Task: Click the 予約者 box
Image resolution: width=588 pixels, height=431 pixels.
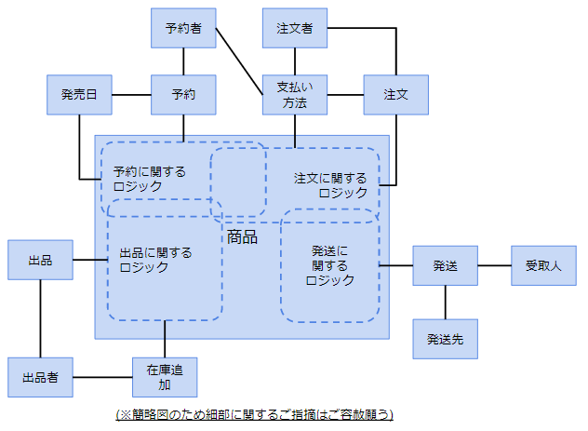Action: (x=183, y=28)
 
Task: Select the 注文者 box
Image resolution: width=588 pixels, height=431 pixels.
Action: (x=294, y=28)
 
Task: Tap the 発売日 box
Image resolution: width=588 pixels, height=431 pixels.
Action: (x=79, y=94)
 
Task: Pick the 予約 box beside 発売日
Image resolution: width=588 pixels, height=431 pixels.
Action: (x=183, y=94)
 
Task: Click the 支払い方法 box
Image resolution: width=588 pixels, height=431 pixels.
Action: (x=294, y=94)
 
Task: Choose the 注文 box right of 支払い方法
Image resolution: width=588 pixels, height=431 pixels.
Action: (x=395, y=94)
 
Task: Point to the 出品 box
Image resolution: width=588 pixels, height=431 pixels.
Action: (x=40, y=260)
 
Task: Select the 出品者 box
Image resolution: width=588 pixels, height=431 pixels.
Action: (x=40, y=377)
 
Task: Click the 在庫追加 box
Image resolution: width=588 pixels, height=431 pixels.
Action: (x=165, y=377)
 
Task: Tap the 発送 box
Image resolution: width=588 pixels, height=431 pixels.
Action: (x=445, y=265)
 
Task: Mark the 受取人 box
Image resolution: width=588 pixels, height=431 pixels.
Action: (x=542, y=265)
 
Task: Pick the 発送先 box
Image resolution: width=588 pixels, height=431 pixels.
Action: (x=445, y=338)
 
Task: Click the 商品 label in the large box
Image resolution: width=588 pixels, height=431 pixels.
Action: (x=242, y=237)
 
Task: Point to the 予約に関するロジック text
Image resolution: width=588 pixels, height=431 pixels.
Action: (x=149, y=178)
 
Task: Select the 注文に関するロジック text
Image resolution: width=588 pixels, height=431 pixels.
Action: (x=331, y=184)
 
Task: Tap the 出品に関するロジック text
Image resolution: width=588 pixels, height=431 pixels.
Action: (x=155, y=259)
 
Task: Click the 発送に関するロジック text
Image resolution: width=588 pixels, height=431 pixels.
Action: (x=330, y=265)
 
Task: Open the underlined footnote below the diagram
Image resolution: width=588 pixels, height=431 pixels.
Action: (x=254, y=413)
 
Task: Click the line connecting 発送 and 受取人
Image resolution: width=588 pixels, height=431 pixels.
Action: (x=494, y=265)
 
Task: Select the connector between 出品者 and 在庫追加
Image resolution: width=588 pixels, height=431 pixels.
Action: (x=102, y=377)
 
